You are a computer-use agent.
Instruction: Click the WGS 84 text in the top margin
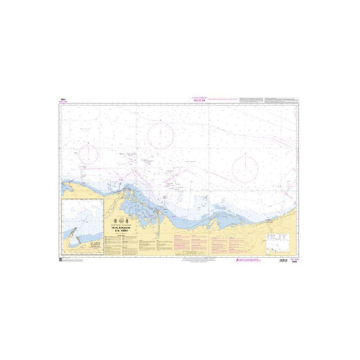(x=198, y=100)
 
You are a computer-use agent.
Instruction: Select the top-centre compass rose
(x=161, y=135)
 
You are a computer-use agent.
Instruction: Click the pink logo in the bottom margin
(x=238, y=261)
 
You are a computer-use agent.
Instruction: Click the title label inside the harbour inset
(x=94, y=246)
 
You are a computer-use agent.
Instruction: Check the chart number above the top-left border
(x=63, y=100)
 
